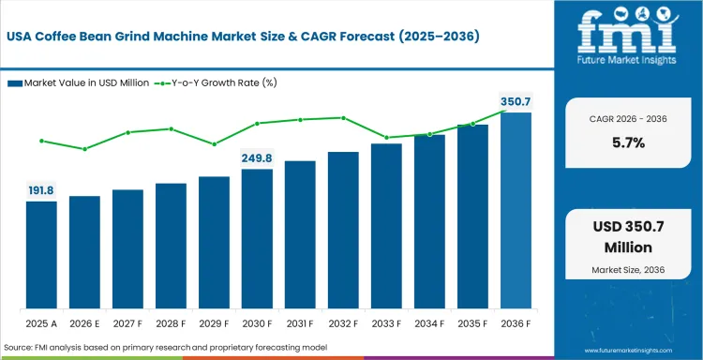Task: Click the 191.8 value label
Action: tap(41, 189)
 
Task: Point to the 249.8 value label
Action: tap(257, 157)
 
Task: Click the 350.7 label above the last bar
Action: tap(516, 100)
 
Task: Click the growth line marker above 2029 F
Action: tap(214, 143)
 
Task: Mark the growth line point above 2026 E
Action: tap(84, 149)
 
